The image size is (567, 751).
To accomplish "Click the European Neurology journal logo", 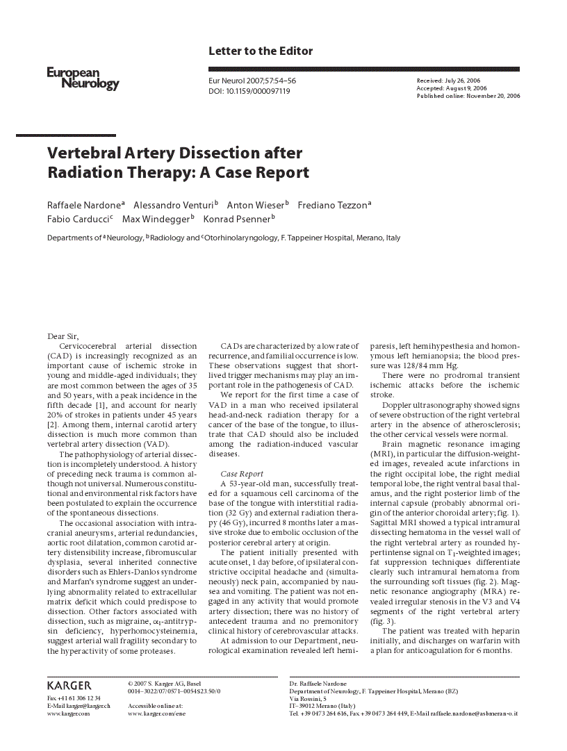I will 83,78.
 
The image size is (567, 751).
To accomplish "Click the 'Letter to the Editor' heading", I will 261,51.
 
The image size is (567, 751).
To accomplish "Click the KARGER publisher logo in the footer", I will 69,686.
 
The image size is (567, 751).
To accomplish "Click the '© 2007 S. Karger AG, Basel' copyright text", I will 165,684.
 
